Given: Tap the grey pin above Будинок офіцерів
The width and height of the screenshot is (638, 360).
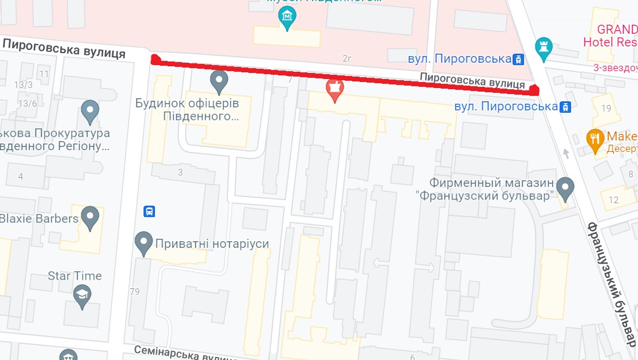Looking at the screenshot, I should [218, 80].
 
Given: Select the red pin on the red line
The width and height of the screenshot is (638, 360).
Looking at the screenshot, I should [333, 89].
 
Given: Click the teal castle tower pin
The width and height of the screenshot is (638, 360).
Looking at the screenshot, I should [543, 48].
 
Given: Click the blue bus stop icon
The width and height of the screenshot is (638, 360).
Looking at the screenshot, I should [149, 212].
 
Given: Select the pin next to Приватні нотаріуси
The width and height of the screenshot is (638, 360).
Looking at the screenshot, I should [144, 242].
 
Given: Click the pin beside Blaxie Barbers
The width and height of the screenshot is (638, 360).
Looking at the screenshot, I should [90, 217].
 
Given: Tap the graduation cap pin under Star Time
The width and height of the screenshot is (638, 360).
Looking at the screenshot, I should [81, 295].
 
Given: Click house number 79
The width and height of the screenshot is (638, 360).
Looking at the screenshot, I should [134, 292].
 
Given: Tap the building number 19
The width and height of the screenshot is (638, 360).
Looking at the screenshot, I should [606, 109].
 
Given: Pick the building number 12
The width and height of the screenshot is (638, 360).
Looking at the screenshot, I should [613, 200].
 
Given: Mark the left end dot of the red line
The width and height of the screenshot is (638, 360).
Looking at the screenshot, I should [155, 59].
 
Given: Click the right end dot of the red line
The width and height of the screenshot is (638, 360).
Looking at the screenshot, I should [534, 90].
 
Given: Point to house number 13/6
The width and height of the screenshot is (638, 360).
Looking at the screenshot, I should [27, 103].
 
